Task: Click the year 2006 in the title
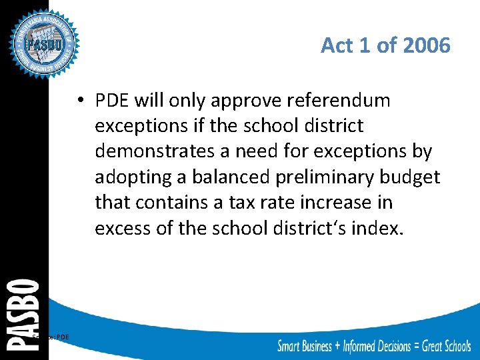click(x=427, y=45)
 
